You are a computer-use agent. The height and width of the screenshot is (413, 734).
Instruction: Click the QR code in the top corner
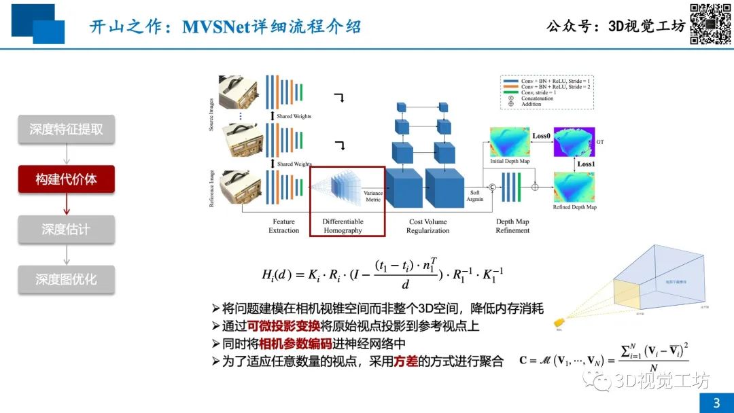coord(711,24)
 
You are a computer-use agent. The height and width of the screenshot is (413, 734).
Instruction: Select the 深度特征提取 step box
coord(66,130)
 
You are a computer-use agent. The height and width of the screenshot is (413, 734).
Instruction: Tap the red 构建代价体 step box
coord(66,179)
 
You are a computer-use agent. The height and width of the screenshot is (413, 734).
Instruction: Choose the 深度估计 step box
coord(66,230)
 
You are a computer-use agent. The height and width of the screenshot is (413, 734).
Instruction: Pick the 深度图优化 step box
coord(66,279)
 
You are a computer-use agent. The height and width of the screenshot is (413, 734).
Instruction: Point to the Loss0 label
coord(540,136)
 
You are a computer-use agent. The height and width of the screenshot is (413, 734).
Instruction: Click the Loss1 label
coord(586,164)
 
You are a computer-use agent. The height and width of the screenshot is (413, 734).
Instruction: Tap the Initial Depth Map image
coord(509,143)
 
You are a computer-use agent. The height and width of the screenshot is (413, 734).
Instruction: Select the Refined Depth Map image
coord(574,188)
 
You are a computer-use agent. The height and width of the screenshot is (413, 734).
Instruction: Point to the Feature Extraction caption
coord(283,226)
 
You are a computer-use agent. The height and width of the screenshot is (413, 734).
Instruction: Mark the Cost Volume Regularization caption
coord(429,226)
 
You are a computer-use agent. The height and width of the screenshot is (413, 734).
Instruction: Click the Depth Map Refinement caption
coord(512,226)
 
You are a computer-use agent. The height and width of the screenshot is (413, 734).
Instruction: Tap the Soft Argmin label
coord(475,195)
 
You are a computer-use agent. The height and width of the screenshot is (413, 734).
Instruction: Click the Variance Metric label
coord(373,197)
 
